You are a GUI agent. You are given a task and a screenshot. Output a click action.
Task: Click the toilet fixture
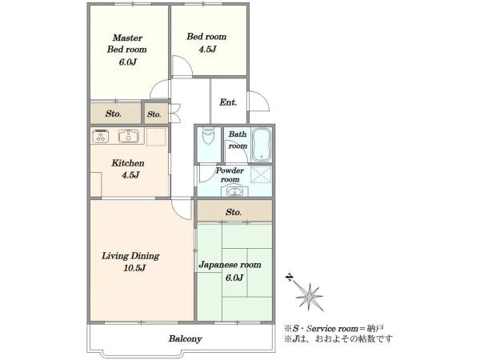[209, 136]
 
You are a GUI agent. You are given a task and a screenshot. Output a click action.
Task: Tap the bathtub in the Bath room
[261, 145]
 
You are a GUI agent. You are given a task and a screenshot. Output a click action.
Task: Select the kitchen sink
[129, 136]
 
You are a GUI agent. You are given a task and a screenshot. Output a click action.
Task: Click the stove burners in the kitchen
[101, 136]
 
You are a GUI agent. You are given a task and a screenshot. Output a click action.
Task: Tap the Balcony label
[186, 339]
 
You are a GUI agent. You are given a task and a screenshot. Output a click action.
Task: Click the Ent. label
[228, 102]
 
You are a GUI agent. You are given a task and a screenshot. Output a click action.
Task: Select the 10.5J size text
[134, 268]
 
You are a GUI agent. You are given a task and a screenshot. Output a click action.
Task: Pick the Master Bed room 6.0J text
[126, 50]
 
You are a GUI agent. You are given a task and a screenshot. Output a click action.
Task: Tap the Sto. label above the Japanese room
[234, 212]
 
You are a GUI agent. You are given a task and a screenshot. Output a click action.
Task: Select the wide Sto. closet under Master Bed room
[115, 114]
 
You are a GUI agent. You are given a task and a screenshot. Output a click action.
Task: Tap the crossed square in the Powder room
[261, 174]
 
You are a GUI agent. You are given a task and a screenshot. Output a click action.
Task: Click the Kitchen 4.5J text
[128, 169]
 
